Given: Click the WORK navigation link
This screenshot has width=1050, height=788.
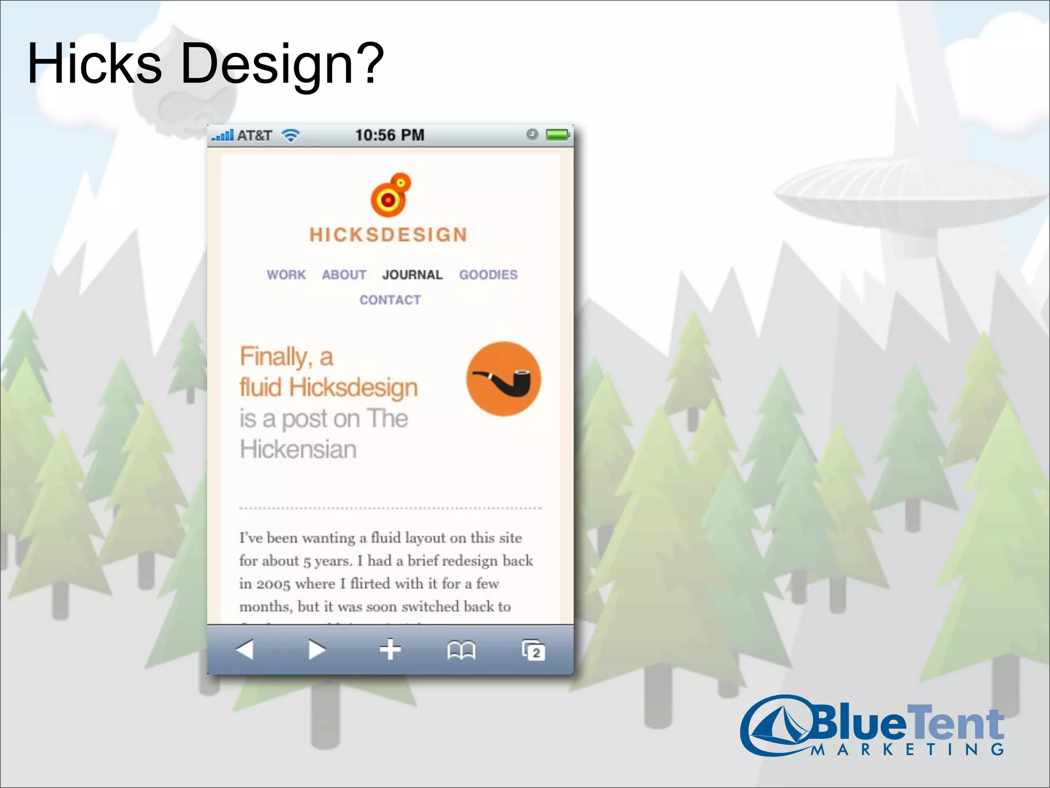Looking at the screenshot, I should [x=286, y=275].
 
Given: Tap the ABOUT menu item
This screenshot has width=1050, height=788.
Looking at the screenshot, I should [x=344, y=275].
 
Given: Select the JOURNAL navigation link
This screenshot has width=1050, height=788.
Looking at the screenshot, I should [x=412, y=275].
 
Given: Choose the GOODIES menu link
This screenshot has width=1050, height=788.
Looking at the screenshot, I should [x=488, y=275].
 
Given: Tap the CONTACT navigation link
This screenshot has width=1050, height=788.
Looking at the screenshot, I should [x=390, y=300].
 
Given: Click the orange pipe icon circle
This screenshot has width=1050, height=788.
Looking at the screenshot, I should [x=503, y=379].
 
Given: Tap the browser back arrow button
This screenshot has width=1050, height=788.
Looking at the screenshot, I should [x=245, y=649].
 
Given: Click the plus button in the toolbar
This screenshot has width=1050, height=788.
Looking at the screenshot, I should [x=390, y=649].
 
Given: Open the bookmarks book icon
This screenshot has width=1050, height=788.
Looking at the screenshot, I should [x=461, y=651].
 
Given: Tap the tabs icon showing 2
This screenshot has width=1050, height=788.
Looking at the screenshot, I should [x=533, y=651].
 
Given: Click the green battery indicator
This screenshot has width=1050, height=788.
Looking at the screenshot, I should [x=557, y=135].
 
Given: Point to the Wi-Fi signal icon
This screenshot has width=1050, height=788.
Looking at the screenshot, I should [x=291, y=135].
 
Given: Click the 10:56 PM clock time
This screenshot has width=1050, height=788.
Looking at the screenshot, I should [x=390, y=135].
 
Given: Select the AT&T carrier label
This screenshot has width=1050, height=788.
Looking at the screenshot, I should [x=254, y=135].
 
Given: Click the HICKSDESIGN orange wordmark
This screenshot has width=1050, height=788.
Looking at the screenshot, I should [x=389, y=235].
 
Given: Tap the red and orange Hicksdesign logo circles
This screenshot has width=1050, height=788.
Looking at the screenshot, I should [x=391, y=195].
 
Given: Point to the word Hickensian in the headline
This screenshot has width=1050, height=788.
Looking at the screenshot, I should [x=298, y=449].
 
